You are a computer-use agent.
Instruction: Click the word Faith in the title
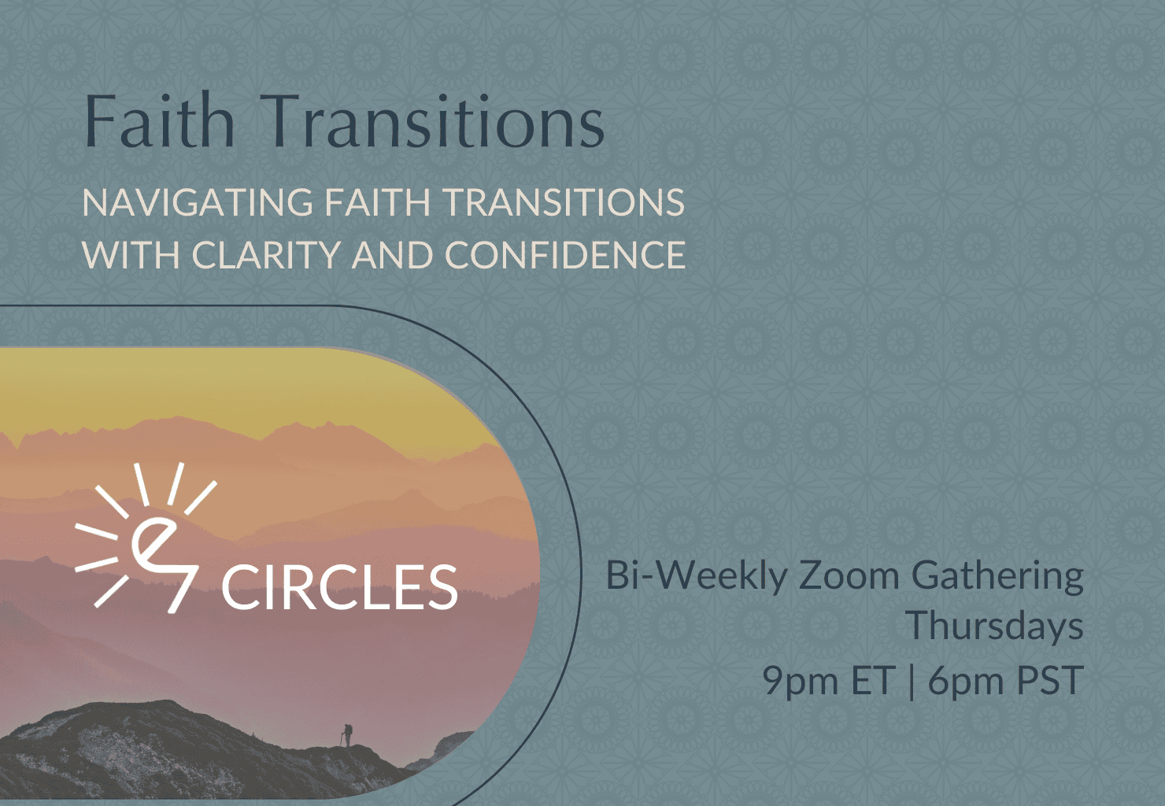coord(159,120)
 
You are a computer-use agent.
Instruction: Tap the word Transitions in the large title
coord(435,120)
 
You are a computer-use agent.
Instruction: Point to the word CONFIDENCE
coord(564,255)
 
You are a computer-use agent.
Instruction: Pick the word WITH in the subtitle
coord(131,255)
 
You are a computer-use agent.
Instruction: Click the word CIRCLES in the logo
coord(339,587)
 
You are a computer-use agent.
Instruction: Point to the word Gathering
coord(997,577)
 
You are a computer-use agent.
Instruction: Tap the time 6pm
coord(966,680)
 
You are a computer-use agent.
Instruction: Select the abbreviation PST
coord(1050,679)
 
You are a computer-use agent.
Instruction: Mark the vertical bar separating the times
coord(912,681)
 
